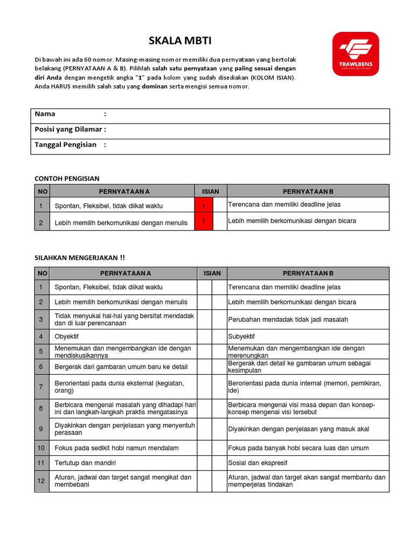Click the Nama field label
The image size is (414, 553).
pos(45,114)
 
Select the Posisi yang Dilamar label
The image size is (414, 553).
pos(70,129)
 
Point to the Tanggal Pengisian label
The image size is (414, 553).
pos(65,145)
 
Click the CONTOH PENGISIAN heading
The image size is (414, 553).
pos(67,178)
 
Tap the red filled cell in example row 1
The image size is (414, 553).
pos(204,205)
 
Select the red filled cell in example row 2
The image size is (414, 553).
pos(204,221)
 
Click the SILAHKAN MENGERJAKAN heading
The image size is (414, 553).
pos(80,258)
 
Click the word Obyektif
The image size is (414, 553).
pos(67,336)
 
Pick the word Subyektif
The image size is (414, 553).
pos(241,336)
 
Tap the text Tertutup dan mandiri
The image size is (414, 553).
pos(85,463)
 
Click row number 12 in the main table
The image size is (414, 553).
pos(41,481)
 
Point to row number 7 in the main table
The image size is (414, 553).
pos(41,387)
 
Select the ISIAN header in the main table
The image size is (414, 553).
pos(212,273)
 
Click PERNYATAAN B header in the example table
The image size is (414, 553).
pos(308,191)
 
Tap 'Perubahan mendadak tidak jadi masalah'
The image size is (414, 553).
pos(288,319)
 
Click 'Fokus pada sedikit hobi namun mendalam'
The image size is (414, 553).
pos(116,448)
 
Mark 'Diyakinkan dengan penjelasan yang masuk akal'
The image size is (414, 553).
pos(299,429)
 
